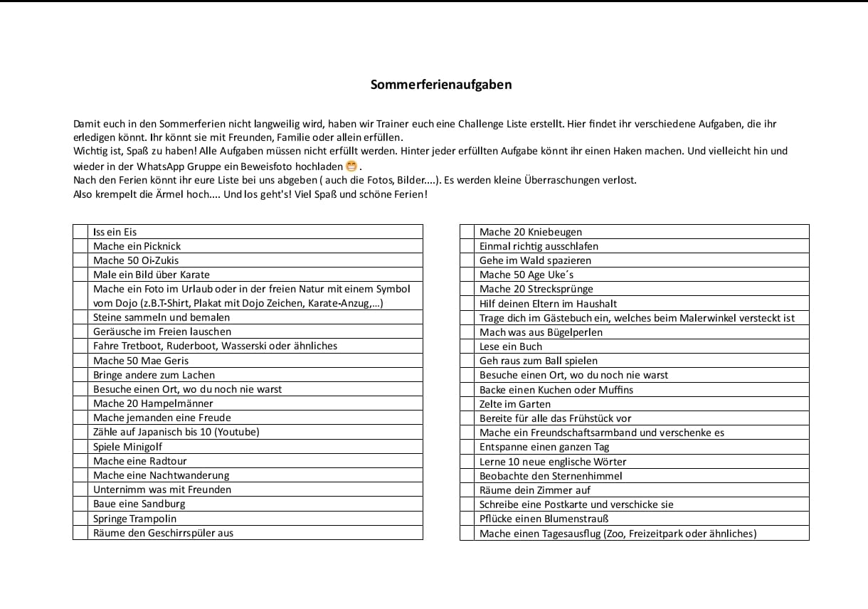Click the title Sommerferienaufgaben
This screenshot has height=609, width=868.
440,85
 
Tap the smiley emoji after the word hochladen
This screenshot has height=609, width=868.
351,166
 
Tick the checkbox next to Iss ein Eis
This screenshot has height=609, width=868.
80,232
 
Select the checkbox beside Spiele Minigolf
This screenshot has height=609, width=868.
80,447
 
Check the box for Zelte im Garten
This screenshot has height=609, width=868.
467,404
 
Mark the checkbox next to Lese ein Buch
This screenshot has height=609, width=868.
467,346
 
